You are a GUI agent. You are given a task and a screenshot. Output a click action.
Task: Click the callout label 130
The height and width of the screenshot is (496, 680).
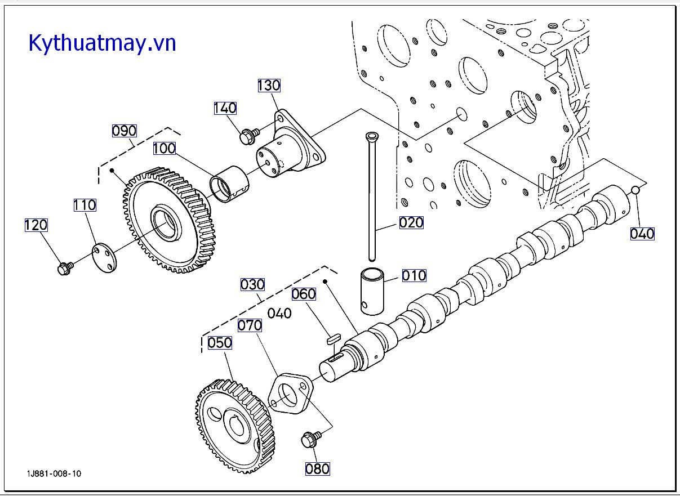point(269,85)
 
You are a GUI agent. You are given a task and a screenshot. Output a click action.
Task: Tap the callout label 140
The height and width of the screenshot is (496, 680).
point(225,108)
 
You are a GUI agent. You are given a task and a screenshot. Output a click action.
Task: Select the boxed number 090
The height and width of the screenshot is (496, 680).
point(124,131)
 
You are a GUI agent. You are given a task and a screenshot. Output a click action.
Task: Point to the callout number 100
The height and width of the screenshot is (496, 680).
point(165,148)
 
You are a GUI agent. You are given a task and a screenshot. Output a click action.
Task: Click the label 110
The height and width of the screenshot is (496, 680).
point(85,205)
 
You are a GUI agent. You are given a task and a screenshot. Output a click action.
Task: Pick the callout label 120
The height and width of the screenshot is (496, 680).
point(36,225)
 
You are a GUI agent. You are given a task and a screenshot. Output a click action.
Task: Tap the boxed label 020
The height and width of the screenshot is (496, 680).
point(411,223)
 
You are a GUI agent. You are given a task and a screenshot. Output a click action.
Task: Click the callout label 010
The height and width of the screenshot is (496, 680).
point(414,275)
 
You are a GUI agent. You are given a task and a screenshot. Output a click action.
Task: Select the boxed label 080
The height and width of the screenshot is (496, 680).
point(317,469)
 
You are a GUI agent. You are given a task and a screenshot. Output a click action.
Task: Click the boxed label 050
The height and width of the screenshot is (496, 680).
point(220,343)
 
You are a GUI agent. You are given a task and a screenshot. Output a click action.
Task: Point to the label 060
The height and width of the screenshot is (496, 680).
point(304,294)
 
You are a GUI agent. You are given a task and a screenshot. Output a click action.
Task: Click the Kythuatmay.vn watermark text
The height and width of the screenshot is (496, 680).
point(103,43)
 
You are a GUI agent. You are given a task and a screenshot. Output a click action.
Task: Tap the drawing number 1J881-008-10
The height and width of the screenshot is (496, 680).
point(54,473)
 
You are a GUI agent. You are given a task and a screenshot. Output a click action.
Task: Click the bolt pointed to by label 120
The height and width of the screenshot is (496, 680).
point(65,268)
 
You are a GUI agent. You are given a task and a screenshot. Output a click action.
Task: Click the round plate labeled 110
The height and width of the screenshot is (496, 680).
point(104,258)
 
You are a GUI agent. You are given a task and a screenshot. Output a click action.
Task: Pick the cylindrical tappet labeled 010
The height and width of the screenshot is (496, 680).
point(372,291)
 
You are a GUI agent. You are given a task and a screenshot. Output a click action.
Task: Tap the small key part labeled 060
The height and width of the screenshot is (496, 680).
point(334,338)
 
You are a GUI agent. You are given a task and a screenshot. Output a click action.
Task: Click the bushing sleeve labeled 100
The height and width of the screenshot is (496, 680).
point(229,185)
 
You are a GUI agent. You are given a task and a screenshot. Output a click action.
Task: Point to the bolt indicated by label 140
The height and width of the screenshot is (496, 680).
point(250,136)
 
